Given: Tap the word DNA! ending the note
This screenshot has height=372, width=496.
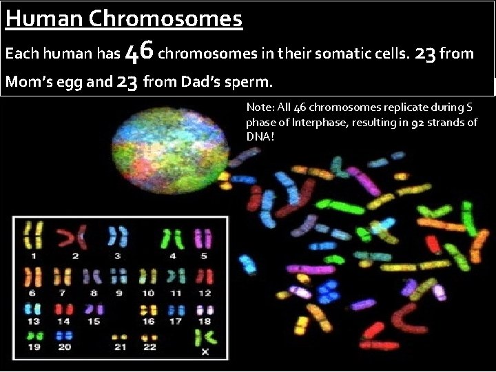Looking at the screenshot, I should tap(260, 136).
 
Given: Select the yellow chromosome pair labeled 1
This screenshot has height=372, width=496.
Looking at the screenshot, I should tap(34, 237).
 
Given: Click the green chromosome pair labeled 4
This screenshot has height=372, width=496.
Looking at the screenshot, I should tap(172, 238).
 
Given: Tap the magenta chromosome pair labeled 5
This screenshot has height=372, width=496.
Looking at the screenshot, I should tap(203, 238).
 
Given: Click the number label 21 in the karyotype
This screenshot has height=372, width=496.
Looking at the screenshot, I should tap(120, 347).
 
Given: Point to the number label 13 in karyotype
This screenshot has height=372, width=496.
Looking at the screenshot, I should tap(34, 321).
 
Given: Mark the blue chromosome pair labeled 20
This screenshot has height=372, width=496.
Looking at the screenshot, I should tap(65, 335).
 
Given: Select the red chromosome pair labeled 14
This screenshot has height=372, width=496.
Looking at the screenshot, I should tap(64, 309).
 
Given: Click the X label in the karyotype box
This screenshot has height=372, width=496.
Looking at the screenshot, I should tap(205, 351).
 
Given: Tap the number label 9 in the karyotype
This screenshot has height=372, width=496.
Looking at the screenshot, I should tap(118, 293).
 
